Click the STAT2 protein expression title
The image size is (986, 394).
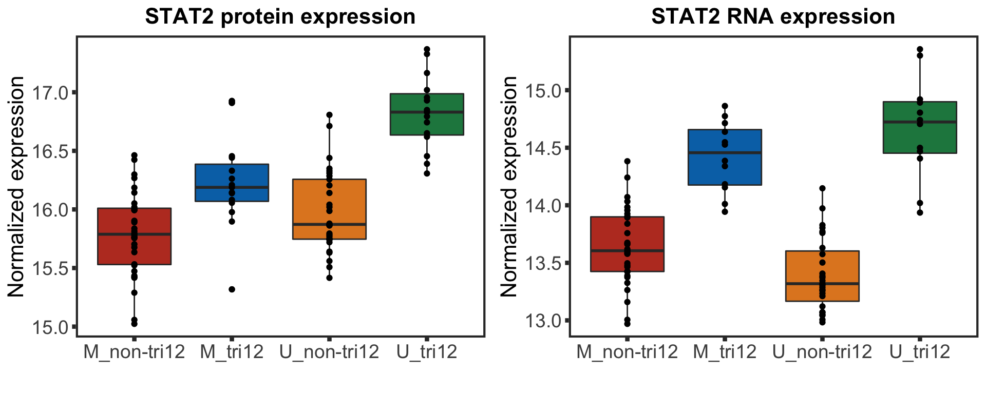tap(280, 17)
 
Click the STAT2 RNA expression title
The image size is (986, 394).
tap(773, 17)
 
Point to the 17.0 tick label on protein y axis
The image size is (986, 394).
tap(50, 93)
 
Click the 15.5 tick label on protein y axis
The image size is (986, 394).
tap(50, 268)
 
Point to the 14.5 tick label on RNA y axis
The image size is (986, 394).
tap(543, 148)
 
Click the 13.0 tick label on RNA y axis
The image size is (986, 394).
tap(543, 321)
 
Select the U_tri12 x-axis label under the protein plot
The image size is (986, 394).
tap(427, 352)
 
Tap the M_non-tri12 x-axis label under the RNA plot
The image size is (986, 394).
tap(627, 352)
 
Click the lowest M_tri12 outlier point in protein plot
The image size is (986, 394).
tap(232, 289)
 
